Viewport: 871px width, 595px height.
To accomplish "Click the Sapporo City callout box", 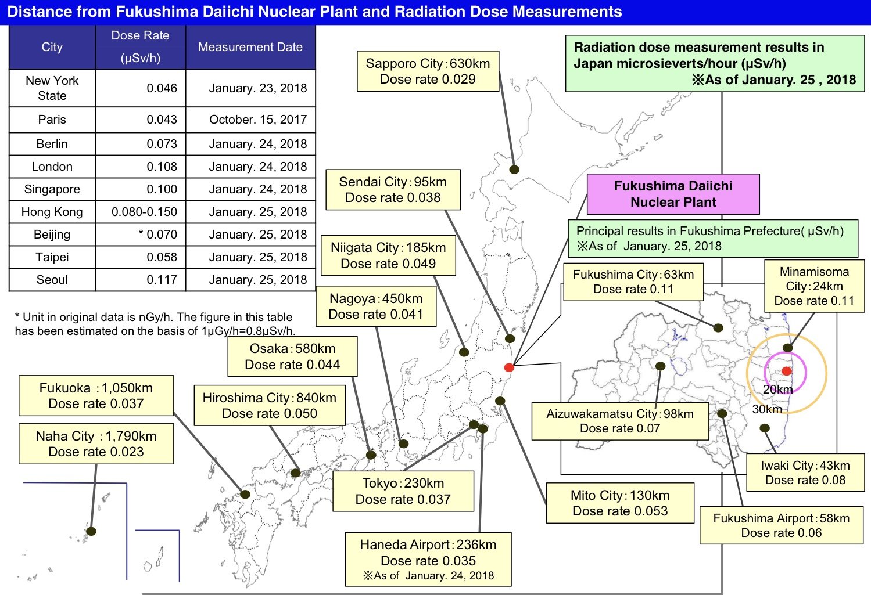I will coord(428,71).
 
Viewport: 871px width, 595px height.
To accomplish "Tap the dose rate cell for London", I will coord(141,167).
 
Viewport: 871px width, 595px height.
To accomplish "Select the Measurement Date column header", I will coord(250,47).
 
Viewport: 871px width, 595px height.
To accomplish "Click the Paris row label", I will coord(52,120).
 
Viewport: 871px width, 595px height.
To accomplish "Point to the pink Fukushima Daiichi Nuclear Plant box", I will coord(673,194).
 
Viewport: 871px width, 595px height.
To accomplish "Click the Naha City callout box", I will coord(96,444).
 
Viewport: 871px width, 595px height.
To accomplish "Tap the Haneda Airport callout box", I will coord(428,560).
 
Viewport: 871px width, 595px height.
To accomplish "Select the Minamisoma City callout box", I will coord(814,286).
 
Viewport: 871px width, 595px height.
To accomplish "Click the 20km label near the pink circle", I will coord(777,390).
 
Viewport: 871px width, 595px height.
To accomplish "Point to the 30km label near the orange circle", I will coord(767,409).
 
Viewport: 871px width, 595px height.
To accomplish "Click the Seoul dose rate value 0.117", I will coord(162,280).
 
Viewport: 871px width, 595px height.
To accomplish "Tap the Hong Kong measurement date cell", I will coord(250,212).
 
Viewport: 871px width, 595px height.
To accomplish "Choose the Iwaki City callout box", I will coord(805,473).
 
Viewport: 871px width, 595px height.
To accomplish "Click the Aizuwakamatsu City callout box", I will coord(620,421).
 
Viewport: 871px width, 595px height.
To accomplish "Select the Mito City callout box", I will coord(620,503).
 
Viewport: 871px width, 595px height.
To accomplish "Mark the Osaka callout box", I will coord(292,356).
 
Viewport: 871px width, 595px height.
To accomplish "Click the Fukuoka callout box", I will coord(96,396).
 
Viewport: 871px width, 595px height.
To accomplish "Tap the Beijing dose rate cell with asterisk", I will coord(141,235).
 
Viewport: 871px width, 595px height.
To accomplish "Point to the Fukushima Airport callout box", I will coord(781,526).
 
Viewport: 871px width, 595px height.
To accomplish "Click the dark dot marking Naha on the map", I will coord(91,531).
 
